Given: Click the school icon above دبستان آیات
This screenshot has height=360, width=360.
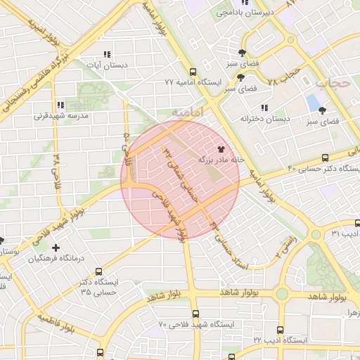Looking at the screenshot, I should [107, 54].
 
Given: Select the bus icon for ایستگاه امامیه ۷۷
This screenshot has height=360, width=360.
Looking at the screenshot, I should [193, 71].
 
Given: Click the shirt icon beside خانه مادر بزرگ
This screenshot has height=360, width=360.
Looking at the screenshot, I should [222, 149].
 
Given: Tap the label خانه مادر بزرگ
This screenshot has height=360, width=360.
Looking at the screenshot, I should [220, 160].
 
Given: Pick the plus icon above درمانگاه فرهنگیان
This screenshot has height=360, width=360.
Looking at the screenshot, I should [56, 247].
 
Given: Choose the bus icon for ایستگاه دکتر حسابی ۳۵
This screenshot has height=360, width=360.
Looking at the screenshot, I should [98, 271].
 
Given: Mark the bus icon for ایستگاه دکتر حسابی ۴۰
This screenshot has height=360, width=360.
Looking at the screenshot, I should [324, 157].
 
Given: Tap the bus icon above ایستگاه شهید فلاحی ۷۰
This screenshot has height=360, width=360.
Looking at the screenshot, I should [195, 314].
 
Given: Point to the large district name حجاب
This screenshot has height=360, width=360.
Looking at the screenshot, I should [332, 82].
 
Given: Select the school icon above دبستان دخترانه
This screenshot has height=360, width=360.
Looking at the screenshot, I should [264, 108].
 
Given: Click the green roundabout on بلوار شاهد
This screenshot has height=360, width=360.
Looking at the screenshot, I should [282, 293].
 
